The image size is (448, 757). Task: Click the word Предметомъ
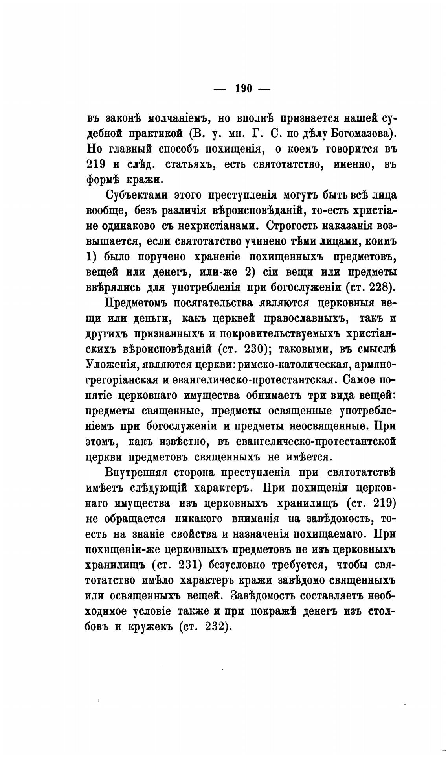click(138, 303)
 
